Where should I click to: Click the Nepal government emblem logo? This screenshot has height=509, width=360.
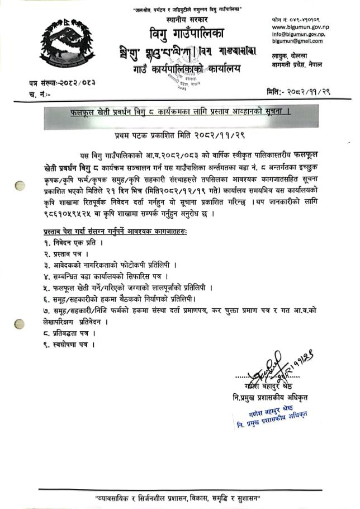click(67, 46)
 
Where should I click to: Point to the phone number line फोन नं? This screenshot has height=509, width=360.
click(296, 19)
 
